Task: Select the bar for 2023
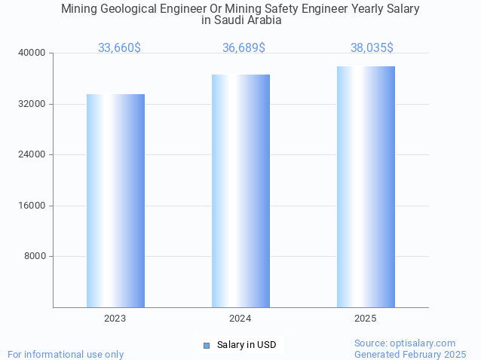(x=115, y=200)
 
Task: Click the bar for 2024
(x=240, y=191)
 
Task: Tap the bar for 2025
(x=366, y=186)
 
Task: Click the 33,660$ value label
(x=119, y=48)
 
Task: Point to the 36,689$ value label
(x=244, y=48)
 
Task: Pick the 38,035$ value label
(x=372, y=48)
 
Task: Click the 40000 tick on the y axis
(x=32, y=53)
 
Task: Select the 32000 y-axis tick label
(x=32, y=104)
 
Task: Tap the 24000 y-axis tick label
(x=32, y=154)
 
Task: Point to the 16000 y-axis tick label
(x=32, y=206)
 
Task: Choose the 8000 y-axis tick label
(x=35, y=256)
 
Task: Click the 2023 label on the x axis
(x=115, y=319)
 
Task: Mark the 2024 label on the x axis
(x=240, y=319)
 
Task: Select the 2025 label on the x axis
(x=366, y=319)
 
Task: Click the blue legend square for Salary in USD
(x=206, y=345)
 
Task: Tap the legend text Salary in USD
(x=247, y=345)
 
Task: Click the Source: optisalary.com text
(x=405, y=343)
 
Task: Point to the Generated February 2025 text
(x=410, y=354)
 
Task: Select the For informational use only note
(x=66, y=354)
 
